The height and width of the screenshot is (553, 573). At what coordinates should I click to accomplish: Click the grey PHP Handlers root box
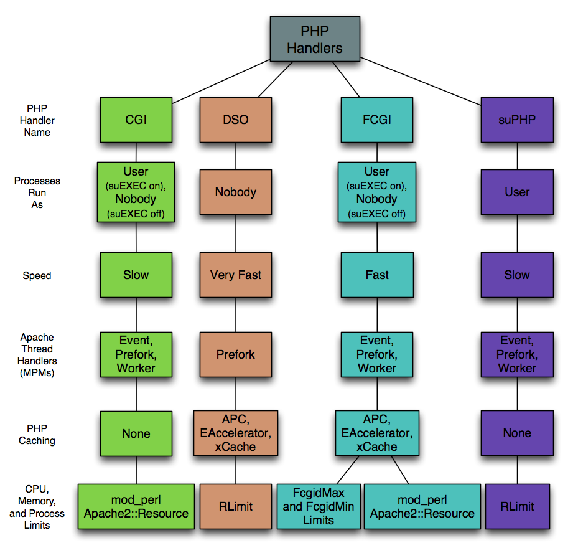(315, 39)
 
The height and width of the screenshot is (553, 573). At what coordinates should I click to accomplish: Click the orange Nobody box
(235, 192)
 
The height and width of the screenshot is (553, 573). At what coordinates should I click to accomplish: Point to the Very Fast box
(235, 275)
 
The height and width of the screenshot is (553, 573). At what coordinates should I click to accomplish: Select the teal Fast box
(377, 275)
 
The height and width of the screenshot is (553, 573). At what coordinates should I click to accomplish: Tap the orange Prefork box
(235, 355)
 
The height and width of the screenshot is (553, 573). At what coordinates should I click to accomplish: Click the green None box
(136, 433)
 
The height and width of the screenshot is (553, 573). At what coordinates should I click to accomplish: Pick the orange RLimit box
(235, 506)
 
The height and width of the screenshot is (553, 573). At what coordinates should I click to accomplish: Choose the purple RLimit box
(517, 506)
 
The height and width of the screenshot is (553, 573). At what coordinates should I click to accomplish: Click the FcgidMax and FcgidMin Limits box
(318, 506)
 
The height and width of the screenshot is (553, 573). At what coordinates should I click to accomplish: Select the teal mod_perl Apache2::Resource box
(422, 506)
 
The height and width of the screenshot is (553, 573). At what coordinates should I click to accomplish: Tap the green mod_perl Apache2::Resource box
(136, 506)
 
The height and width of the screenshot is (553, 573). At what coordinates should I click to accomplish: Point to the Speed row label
(37, 275)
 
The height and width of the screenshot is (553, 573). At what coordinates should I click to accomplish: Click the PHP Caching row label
(37, 434)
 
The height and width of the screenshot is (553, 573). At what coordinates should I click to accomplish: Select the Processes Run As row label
(37, 192)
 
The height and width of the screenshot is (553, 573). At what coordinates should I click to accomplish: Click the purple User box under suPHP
(517, 192)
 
